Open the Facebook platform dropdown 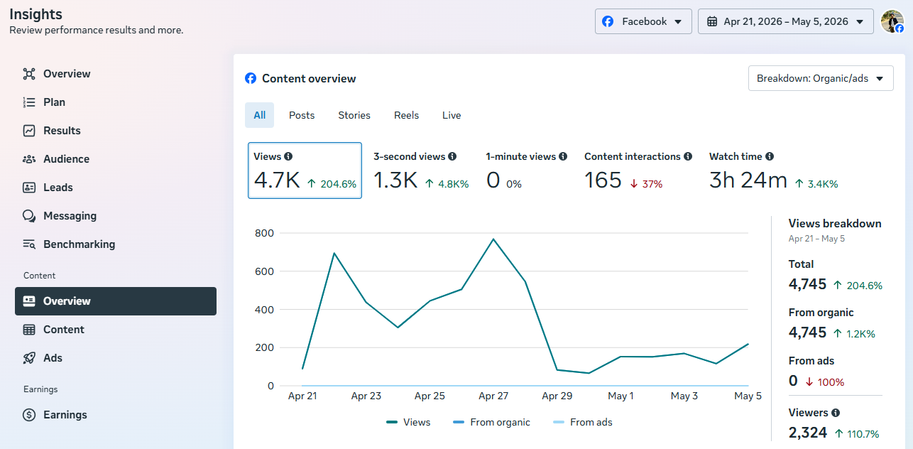pos(643,21)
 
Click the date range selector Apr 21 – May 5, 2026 pos(785,21)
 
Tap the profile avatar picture pos(892,21)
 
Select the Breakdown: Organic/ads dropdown pos(821,78)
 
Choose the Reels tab pos(406,115)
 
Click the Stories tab pos(354,115)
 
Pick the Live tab pos(452,115)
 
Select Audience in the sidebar pos(66,159)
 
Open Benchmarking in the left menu pos(79,244)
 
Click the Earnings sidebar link pos(65,415)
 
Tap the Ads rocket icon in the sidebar pos(29,358)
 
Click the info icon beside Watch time pos(770,156)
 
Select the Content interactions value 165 pos(603,180)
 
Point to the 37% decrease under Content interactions pos(647,184)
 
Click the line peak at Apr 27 pos(493,239)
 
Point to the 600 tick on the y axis pos(264,271)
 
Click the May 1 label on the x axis pos(620,396)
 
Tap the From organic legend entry pos(491,422)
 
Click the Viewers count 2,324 pos(807,432)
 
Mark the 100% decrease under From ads pos(825,382)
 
